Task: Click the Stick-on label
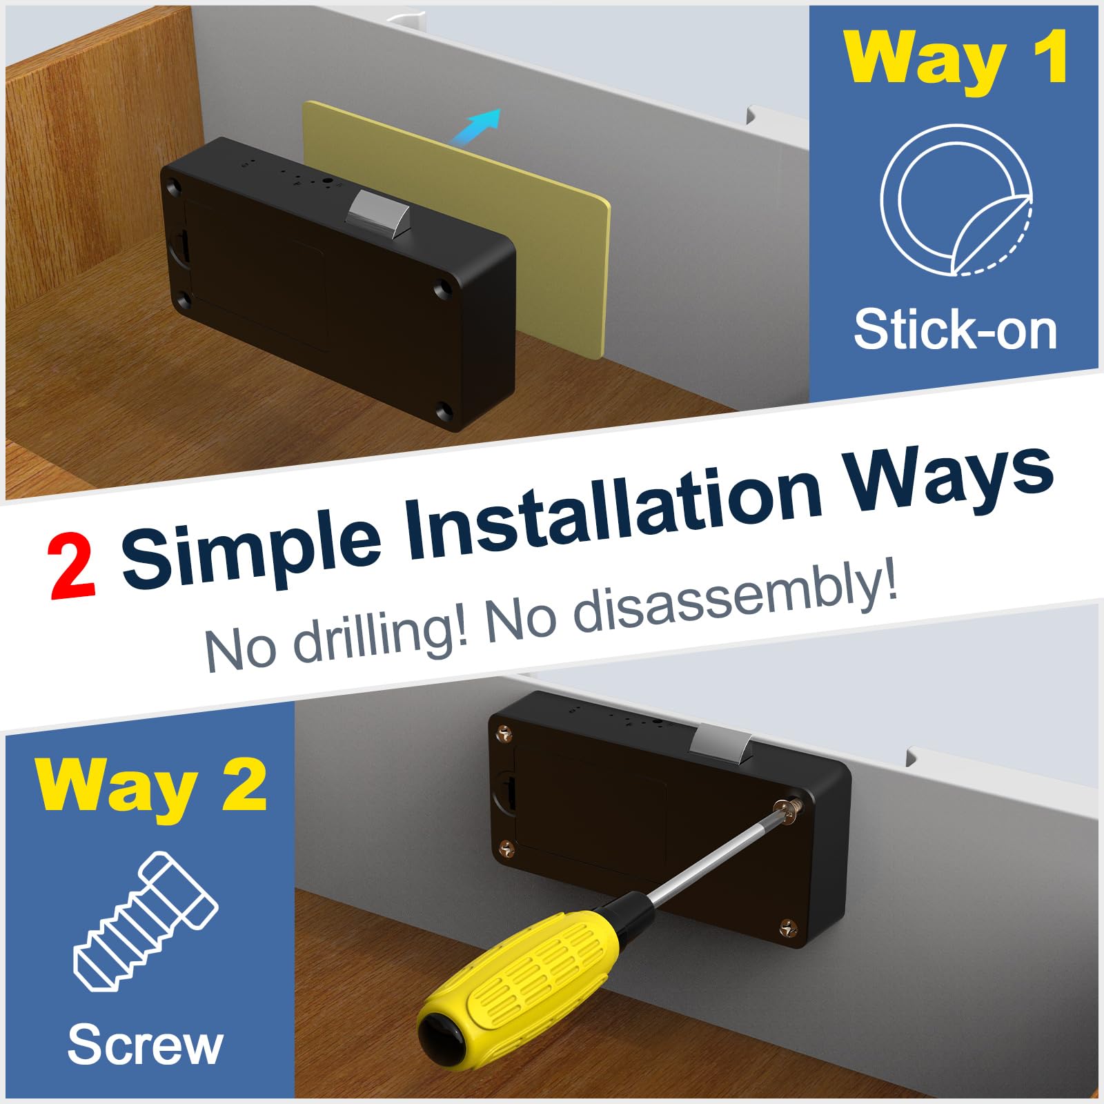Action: [955, 331]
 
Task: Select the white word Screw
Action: [145, 1045]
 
